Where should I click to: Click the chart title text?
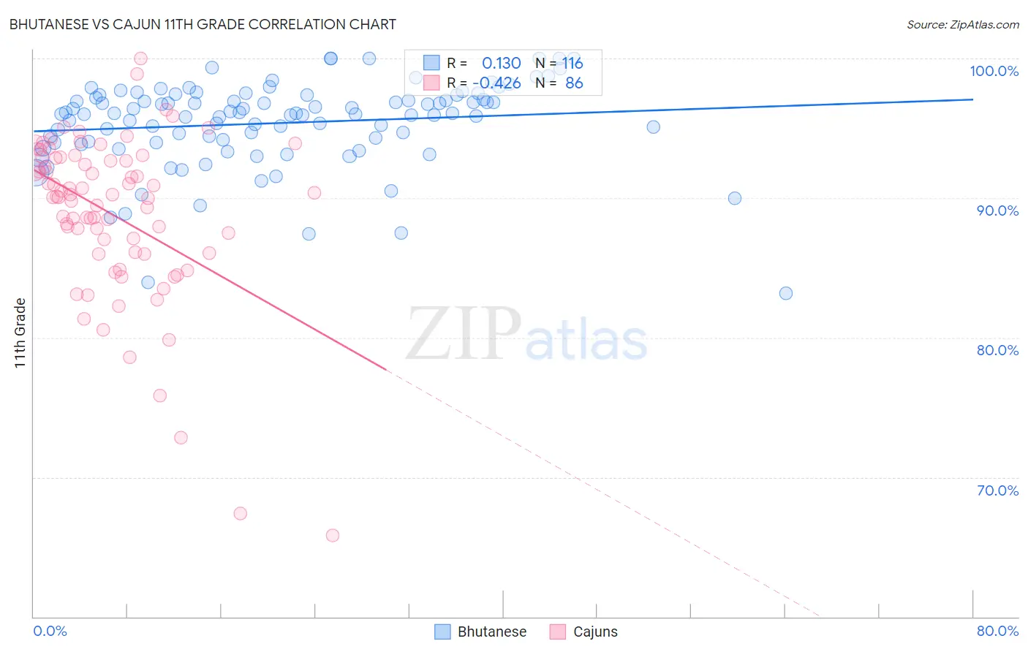click(x=203, y=24)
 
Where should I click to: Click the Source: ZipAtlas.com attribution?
click(x=962, y=24)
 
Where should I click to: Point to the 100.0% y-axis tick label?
click(x=994, y=71)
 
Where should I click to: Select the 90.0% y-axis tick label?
click(x=997, y=211)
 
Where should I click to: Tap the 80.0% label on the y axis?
click(x=997, y=350)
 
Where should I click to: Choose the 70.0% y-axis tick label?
click(x=997, y=490)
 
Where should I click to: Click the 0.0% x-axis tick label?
click(x=50, y=631)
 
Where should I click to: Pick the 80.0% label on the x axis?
click(x=997, y=631)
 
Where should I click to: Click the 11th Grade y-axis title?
click(x=20, y=333)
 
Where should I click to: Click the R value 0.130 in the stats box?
click(x=501, y=64)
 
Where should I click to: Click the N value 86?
click(x=574, y=83)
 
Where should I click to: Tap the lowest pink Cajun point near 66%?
click(x=332, y=535)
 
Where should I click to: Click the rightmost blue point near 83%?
click(x=785, y=293)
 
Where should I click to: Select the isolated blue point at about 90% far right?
click(x=734, y=198)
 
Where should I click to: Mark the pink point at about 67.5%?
click(x=240, y=513)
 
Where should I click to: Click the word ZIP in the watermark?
click(x=464, y=334)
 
